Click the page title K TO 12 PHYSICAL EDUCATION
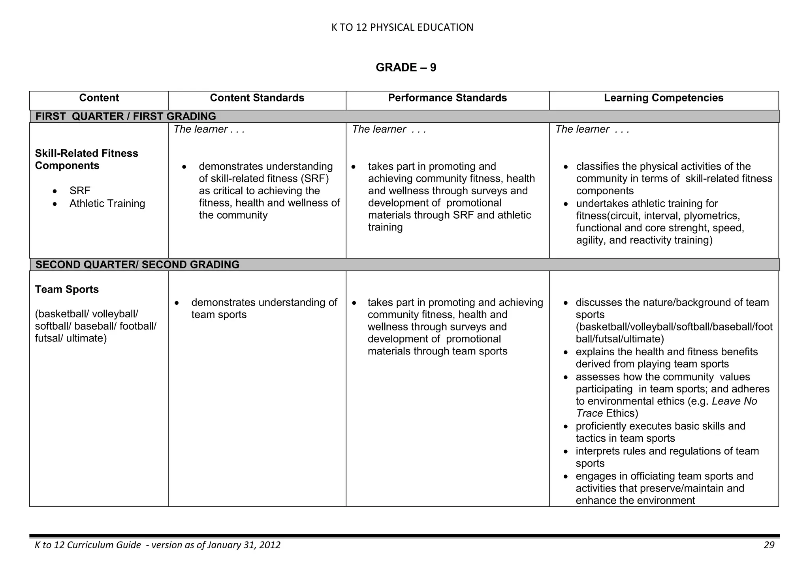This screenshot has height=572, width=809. [402, 27]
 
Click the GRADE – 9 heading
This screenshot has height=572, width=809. [406, 68]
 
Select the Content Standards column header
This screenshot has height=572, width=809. [257, 98]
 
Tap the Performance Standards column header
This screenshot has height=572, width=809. [447, 98]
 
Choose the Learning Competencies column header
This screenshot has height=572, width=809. [663, 98]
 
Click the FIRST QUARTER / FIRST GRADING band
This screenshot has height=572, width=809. [126, 116]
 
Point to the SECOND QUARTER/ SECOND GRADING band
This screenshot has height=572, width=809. [137, 264]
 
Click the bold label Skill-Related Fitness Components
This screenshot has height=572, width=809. [87, 159]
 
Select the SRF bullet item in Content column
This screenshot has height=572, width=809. [80, 191]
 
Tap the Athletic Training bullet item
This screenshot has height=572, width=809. [107, 204]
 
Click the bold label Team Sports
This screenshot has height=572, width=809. [67, 289]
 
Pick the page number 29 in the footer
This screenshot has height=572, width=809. [769, 545]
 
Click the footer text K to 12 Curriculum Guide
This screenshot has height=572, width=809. [88, 545]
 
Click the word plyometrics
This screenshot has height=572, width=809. [711, 216]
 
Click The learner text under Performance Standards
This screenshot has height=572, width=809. [389, 129]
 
